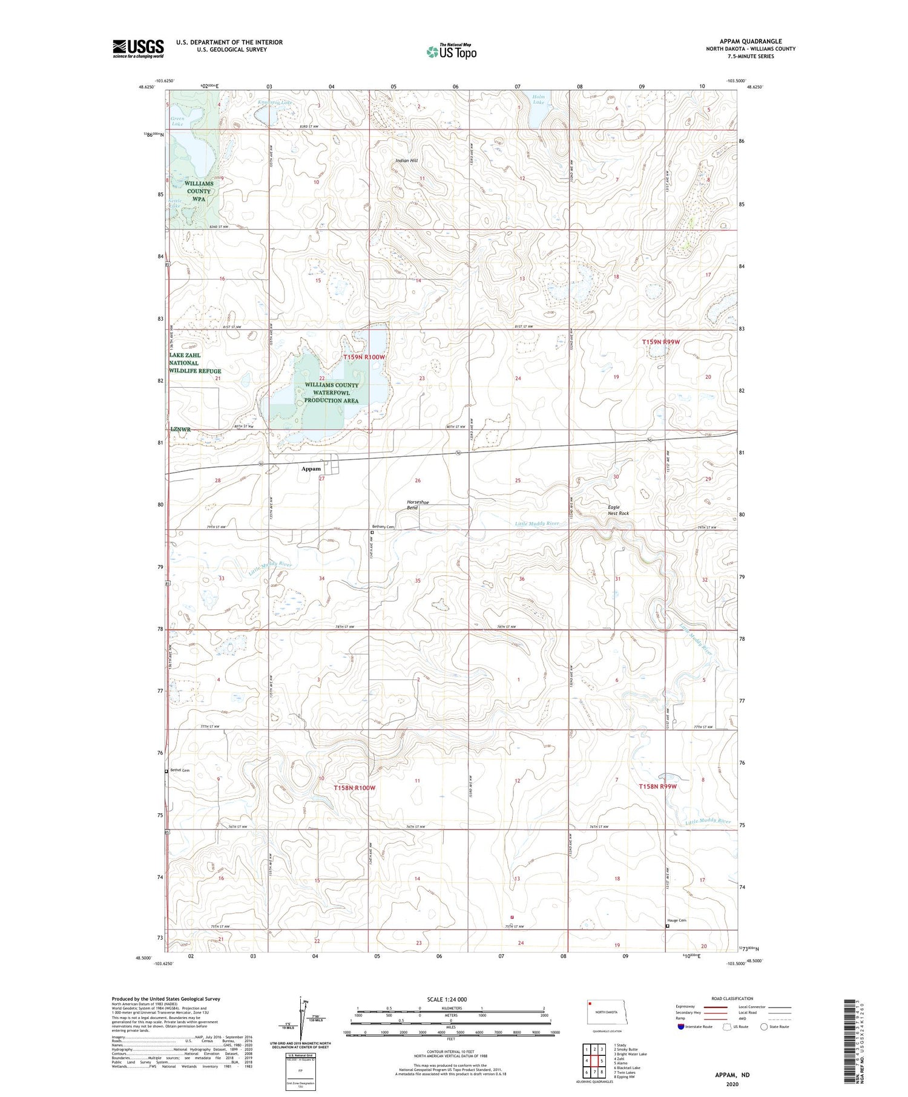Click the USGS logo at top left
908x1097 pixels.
coord(138,48)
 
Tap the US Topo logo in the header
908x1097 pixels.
coord(452,52)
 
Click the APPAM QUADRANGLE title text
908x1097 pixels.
coord(750,41)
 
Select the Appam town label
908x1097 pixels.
coord(312,469)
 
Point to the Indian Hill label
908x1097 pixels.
coord(406,160)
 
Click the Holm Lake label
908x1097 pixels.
coord(538,99)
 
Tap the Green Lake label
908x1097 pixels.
coord(177,122)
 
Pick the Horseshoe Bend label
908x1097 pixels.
coord(418,505)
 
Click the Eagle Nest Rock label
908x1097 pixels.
coord(618,510)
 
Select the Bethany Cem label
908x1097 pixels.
coord(383,526)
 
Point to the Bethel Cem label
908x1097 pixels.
coord(180,770)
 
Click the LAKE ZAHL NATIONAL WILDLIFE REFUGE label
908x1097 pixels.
coord(195,363)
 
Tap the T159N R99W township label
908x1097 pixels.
coord(660,342)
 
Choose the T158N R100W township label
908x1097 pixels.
coord(355,788)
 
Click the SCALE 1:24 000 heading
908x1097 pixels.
coord(447,1000)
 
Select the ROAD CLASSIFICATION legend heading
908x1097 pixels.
coord(732,998)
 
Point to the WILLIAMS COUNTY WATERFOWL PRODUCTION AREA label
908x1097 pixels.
coord(331,393)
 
